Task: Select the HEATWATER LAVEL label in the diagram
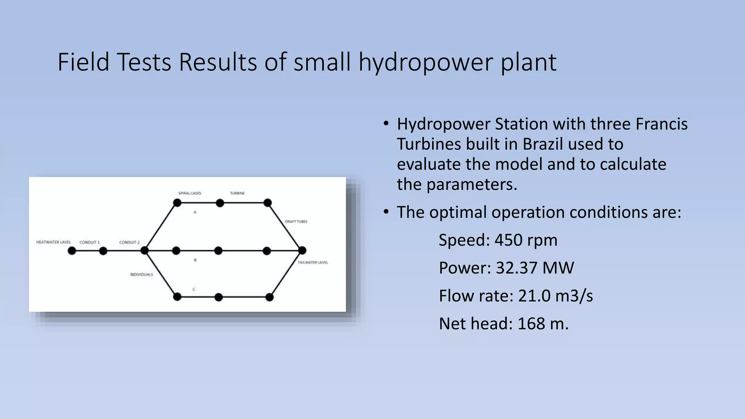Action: tap(53, 242)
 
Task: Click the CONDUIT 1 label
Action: tap(89, 242)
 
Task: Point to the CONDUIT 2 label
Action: tap(129, 242)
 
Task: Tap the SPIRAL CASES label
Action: tap(190, 193)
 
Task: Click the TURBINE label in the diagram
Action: tap(237, 193)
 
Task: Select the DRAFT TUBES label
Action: tap(296, 222)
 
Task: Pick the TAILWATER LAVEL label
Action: tap(313, 262)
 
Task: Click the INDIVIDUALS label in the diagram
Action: tap(142, 275)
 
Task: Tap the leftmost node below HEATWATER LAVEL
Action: tap(72, 251)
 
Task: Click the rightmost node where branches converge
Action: tap(302, 250)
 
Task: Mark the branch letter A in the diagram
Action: tap(195, 212)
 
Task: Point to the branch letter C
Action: tap(194, 290)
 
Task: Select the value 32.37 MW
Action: tap(534, 268)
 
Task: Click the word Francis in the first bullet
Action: tap(661, 124)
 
